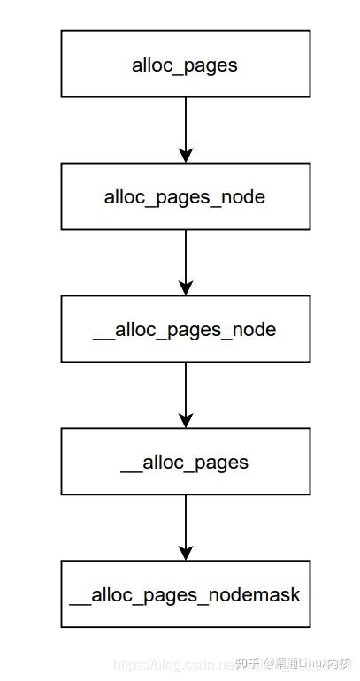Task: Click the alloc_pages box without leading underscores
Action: point(185,64)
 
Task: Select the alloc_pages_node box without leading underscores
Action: point(185,196)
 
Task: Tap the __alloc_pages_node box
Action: point(185,329)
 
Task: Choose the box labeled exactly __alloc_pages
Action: point(185,462)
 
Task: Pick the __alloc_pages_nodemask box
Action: point(185,594)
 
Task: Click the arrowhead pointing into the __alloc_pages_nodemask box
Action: point(185,553)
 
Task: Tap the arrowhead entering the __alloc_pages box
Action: point(185,420)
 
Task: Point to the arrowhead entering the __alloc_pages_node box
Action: point(185,287)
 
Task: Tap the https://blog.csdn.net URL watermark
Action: point(170,664)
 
